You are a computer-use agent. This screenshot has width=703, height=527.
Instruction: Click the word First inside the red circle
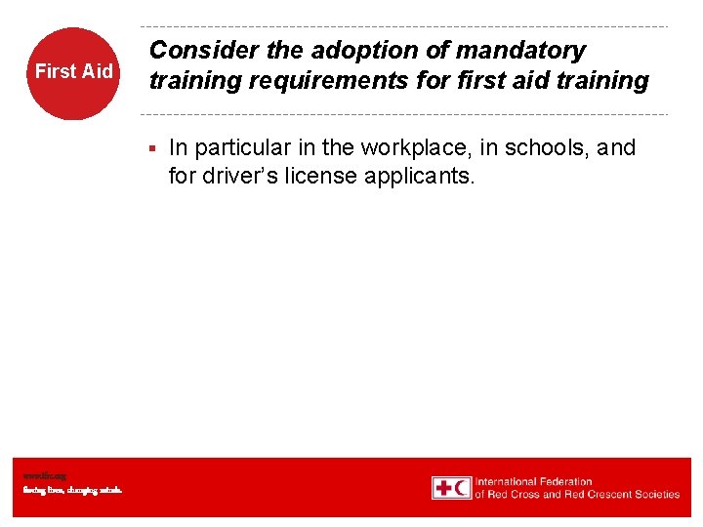[x=55, y=71]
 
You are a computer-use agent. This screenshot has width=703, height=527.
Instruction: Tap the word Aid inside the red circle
[x=97, y=71]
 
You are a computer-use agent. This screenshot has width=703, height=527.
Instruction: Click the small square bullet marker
[x=152, y=149]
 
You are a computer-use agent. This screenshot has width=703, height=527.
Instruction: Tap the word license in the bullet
[x=328, y=178]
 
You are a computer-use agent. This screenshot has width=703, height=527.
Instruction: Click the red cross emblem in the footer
[x=443, y=488]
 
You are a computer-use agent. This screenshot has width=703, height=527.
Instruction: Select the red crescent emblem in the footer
[x=462, y=488]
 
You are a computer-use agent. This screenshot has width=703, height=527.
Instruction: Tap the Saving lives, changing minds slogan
[x=73, y=490]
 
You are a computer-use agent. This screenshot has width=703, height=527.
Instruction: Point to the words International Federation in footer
[x=534, y=481]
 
